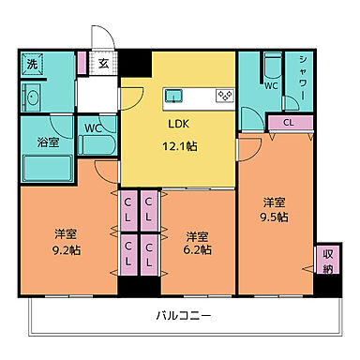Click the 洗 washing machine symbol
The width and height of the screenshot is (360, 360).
31,66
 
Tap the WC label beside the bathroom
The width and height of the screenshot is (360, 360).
95,128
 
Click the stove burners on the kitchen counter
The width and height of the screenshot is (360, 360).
224,95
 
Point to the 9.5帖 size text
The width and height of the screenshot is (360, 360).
275,217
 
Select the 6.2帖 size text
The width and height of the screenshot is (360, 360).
197,249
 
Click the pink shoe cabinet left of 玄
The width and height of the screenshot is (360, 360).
82,65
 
